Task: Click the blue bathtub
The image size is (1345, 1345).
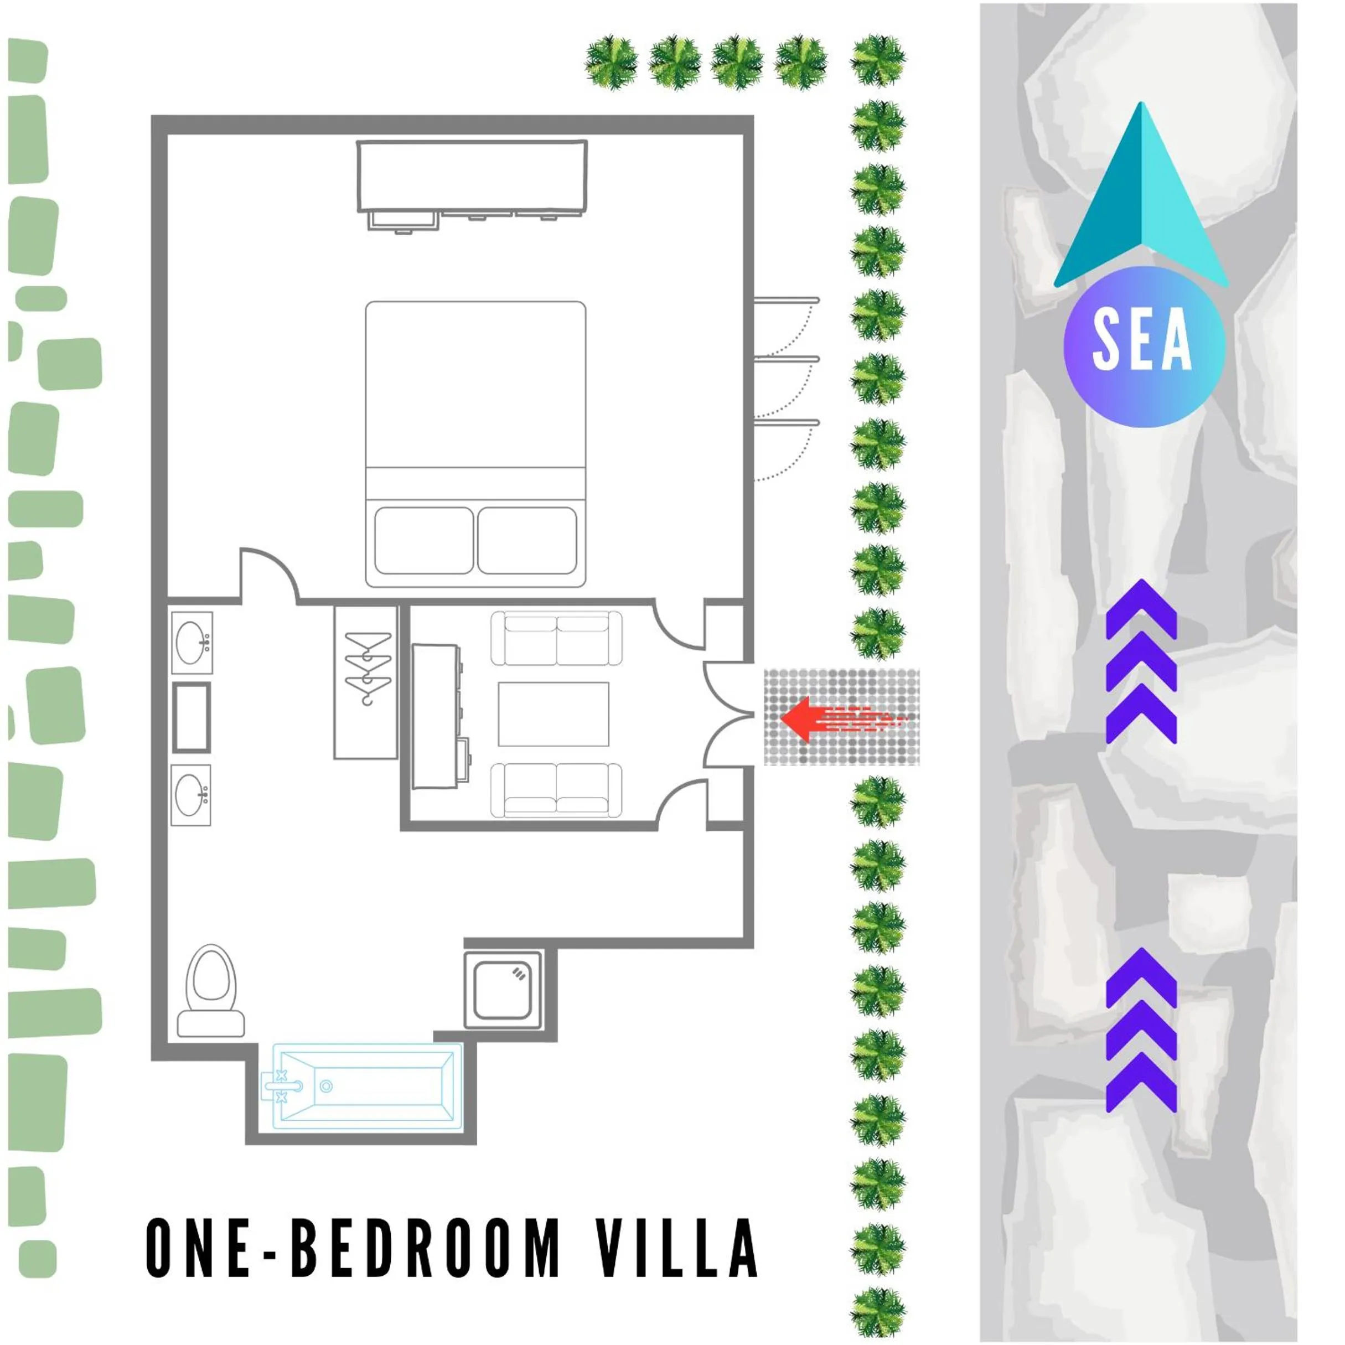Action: [x=367, y=1085]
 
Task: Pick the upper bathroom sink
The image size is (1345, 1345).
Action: [x=192, y=643]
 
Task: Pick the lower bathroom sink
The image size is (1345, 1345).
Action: [x=192, y=795]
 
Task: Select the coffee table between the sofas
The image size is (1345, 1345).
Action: [x=553, y=714]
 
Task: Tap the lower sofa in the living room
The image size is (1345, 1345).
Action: [x=556, y=789]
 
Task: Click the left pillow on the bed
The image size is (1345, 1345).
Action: [x=423, y=540]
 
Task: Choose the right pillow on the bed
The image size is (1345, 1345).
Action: [x=527, y=540]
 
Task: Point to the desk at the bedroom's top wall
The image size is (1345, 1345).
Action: [x=472, y=178]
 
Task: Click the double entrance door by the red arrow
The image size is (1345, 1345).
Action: [x=727, y=714]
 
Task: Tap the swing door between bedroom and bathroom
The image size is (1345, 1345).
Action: [x=267, y=575]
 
